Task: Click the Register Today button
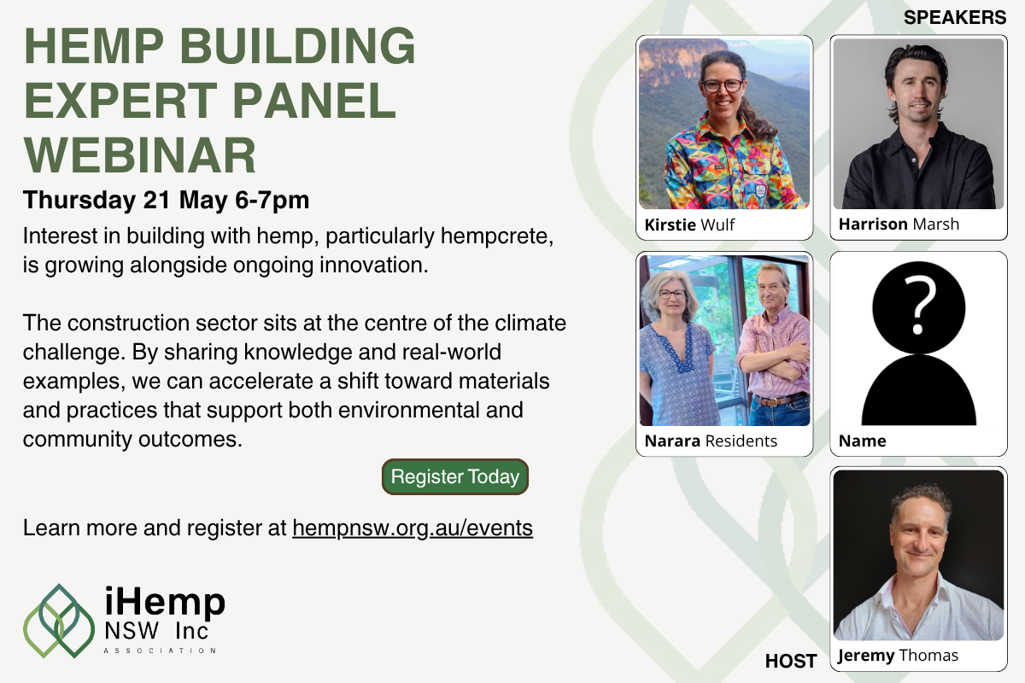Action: (454, 477)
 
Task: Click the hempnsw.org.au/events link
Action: (413, 528)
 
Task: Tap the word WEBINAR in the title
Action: (140, 155)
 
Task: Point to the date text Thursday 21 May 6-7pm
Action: (166, 201)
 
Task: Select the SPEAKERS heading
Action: (954, 17)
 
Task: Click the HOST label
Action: (791, 660)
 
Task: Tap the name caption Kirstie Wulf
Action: (690, 225)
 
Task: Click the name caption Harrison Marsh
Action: (899, 225)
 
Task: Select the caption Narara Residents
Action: (711, 441)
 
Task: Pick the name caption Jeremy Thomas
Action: (898, 656)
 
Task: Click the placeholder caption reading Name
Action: (862, 441)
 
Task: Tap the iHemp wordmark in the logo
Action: (164, 603)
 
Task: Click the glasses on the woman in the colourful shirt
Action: (722, 85)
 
